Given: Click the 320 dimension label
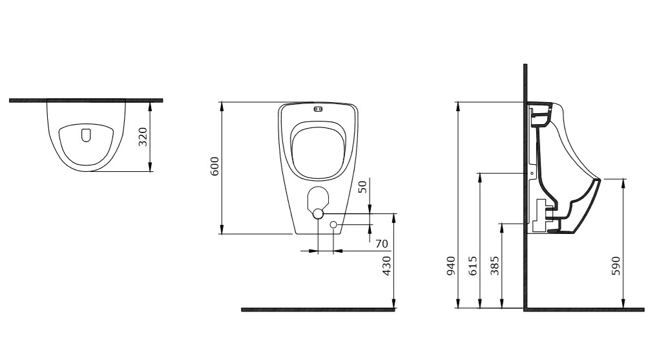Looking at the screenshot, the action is (143, 136).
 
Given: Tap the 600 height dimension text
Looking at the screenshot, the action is (214, 166).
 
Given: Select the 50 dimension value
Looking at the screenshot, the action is (362, 186).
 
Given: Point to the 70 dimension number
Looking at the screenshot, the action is (382, 244).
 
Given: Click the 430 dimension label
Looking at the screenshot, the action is (387, 266).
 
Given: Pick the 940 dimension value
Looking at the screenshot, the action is (451, 266).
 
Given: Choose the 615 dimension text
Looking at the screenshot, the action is (473, 266).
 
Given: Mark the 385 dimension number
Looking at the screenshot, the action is (495, 266).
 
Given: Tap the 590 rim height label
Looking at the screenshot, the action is (616, 266).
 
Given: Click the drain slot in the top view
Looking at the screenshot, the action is (86, 134).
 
